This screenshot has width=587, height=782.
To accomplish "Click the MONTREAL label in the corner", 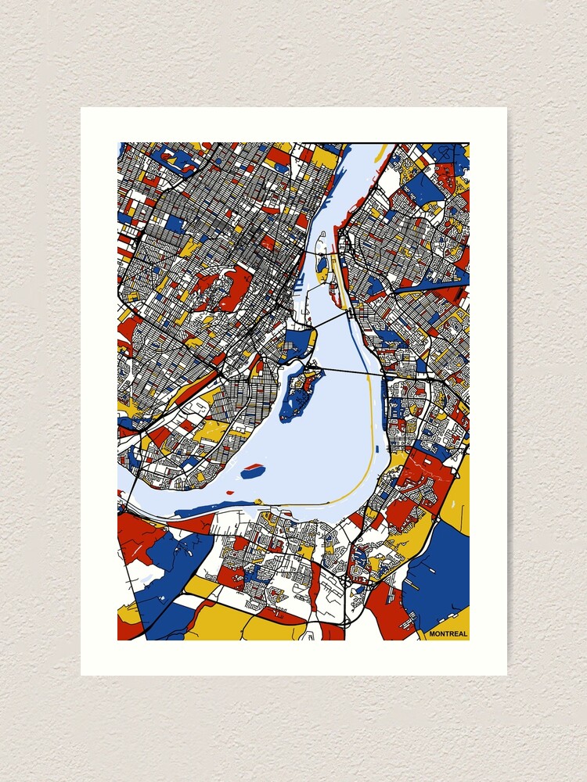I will click(x=448, y=633).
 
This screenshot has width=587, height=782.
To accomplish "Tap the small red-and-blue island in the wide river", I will click(x=252, y=472).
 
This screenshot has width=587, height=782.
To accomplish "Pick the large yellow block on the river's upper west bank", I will click(x=324, y=157).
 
